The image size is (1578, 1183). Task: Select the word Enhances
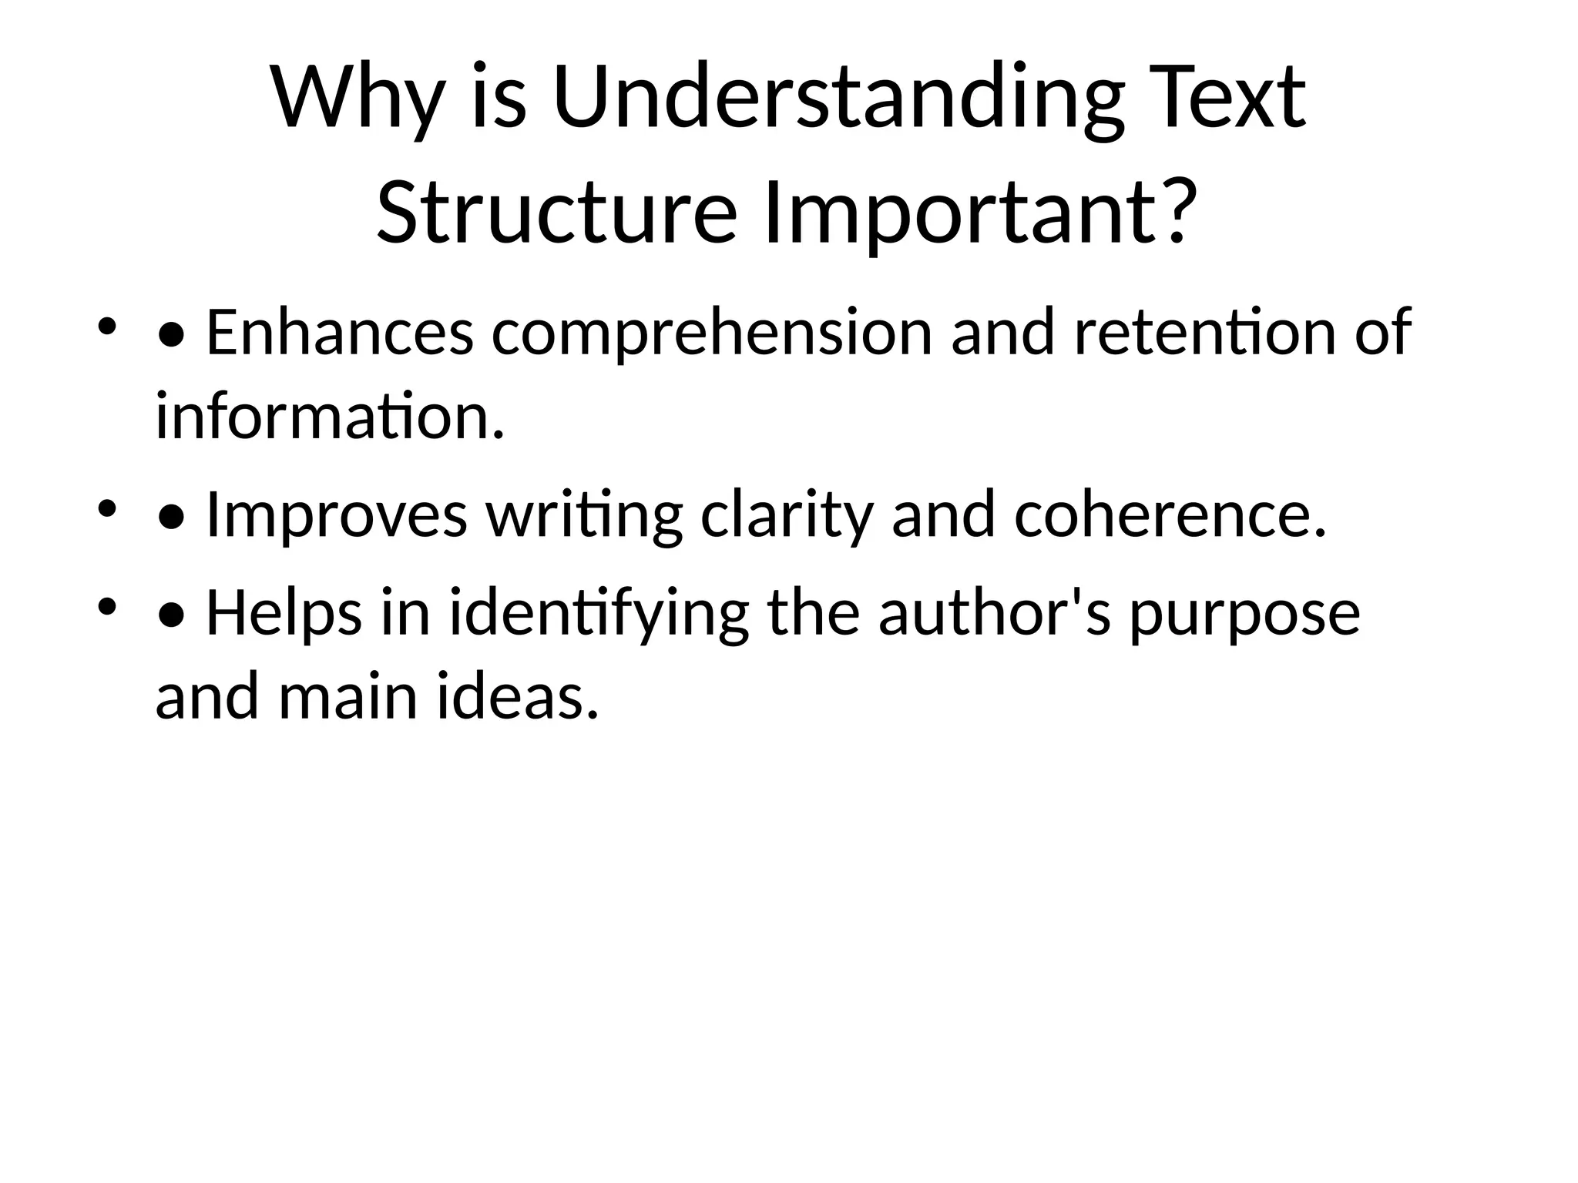click(x=340, y=333)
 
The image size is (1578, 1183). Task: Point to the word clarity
click(x=787, y=515)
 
